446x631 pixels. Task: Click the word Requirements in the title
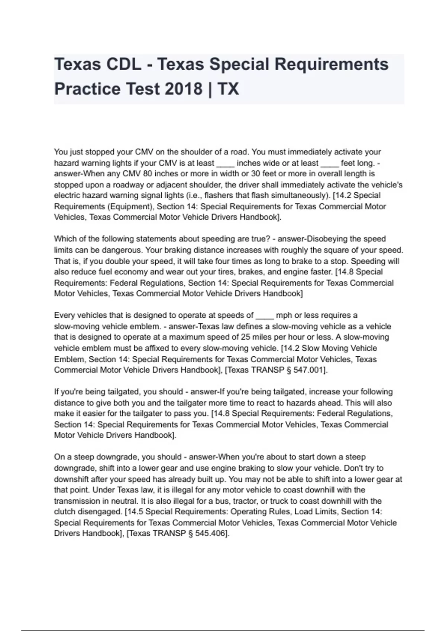[x=332, y=64]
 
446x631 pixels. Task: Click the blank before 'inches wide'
[x=225, y=163]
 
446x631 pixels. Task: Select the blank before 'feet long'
[x=329, y=163]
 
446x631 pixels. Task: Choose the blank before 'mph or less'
[x=264, y=315]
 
